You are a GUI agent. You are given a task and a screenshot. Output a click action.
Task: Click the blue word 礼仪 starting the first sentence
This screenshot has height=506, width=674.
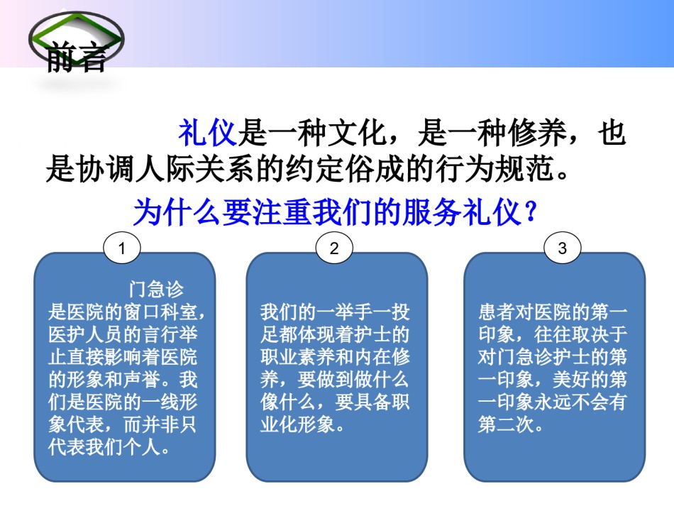208,133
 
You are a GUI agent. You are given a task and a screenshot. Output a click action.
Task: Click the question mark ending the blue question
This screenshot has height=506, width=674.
531,212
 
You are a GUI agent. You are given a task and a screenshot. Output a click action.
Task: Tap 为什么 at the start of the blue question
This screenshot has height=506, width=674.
177,212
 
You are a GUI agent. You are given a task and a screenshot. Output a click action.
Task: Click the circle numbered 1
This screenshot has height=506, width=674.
121,248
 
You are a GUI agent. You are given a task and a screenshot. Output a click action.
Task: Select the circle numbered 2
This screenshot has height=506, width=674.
334,248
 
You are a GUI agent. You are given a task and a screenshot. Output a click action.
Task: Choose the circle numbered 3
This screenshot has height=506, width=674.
562,248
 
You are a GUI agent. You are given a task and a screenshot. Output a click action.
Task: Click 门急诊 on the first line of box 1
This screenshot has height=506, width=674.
157,290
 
